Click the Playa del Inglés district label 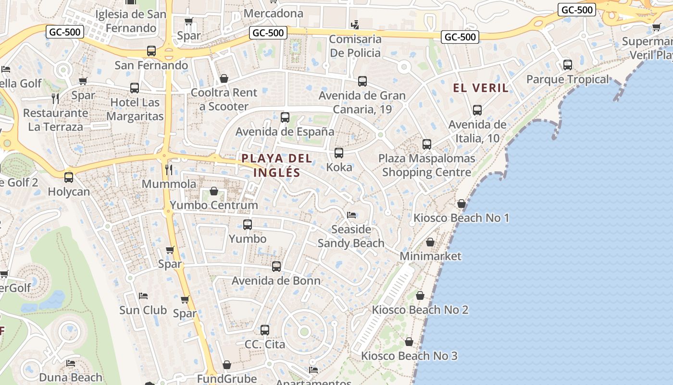tap(277, 165)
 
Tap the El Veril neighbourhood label tap(481, 88)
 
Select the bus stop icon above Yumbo tap(248, 225)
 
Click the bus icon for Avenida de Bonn tap(276, 267)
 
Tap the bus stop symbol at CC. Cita tap(265, 330)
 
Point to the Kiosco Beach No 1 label tap(461, 218)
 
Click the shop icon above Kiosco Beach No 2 tap(420, 295)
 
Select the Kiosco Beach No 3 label tap(409, 356)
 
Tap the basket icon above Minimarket tap(430, 242)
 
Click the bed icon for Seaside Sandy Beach tap(351, 215)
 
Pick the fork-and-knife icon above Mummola tap(169, 169)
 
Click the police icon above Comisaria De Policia tap(355, 24)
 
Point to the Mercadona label tap(274, 13)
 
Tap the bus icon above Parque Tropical tap(568, 65)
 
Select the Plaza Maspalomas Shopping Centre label tap(426, 165)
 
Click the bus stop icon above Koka tap(339, 154)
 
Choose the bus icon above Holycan tap(69, 178)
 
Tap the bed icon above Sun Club tap(143, 295)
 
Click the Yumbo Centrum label tap(214, 205)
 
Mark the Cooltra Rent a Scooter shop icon tap(224, 78)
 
